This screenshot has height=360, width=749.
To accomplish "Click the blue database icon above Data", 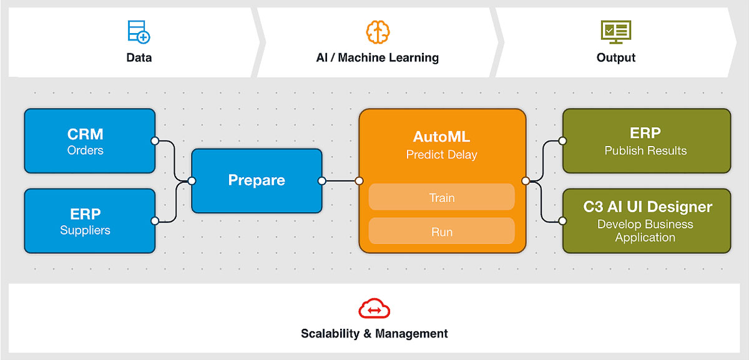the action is pyautogui.click(x=139, y=32).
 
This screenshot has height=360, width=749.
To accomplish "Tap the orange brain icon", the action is pyautogui.click(x=378, y=32).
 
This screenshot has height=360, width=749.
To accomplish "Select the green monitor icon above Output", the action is pyautogui.click(x=616, y=32).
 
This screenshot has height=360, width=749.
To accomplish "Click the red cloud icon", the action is pyautogui.click(x=374, y=308).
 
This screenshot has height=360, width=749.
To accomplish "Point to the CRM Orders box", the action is pyautogui.click(x=90, y=141).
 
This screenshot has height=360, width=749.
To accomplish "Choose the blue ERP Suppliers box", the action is pyautogui.click(x=90, y=221).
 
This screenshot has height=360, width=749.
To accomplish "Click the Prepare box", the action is pyautogui.click(x=257, y=181).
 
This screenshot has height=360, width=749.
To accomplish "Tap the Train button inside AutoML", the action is pyautogui.click(x=442, y=197).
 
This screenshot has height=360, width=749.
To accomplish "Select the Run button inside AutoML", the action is pyautogui.click(x=442, y=231).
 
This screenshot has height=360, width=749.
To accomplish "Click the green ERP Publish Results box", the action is pyautogui.click(x=647, y=141).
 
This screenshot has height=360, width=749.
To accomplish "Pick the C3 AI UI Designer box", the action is pyautogui.click(x=647, y=221).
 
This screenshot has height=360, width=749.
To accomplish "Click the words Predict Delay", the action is pyautogui.click(x=442, y=155).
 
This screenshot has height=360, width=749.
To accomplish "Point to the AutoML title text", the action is pyautogui.click(x=442, y=137).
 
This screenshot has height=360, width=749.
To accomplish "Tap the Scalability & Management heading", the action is pyautogui.click(x=374, y=333).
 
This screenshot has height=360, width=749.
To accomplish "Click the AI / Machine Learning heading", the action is pyautogui.click(x=378, y=57).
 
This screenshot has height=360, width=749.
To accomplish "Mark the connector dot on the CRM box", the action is pyautogui.click(x=155, y=141).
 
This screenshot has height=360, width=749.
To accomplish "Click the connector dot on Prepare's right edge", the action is pyautogui.click(x=321, y=181).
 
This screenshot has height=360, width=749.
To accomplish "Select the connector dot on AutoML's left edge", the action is pyautogui.click(x=359, y=181).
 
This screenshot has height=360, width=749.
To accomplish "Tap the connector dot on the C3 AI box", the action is pyautogui.click(x=562, y=221).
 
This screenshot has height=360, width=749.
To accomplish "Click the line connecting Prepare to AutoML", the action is pyautogui.click(x=340, y=181).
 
